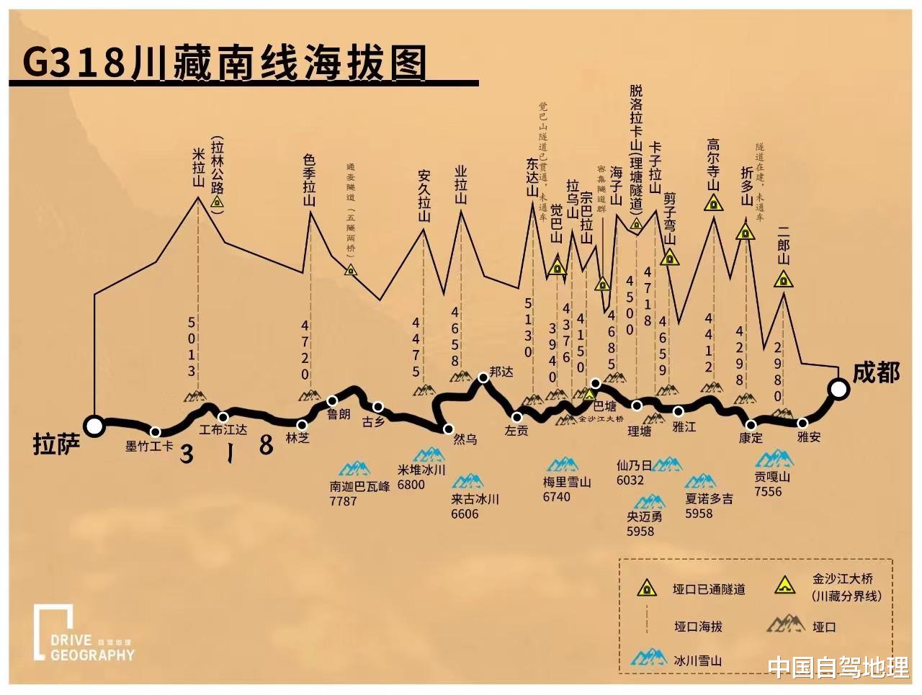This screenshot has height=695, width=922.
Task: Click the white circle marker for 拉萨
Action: pos(94,426)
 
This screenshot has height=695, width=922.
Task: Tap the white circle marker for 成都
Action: pos(838,389)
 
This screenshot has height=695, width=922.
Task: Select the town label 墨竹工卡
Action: pos(149,447)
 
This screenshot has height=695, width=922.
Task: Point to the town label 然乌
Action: pos(465,439)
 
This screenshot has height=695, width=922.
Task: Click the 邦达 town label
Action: pos(501,372)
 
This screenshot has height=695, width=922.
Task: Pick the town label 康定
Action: pos(751,437)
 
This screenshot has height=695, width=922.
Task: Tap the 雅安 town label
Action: pos(809,436)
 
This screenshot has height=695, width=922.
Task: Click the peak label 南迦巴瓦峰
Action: pos(360,486)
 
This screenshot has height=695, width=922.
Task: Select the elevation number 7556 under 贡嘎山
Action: pos(768,492)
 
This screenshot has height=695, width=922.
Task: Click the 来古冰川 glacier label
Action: pos(475,499)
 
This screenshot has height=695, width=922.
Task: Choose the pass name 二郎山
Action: pos(784,245)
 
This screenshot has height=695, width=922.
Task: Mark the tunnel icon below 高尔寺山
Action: pos(713,202)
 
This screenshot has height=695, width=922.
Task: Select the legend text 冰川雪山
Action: pos(697,660)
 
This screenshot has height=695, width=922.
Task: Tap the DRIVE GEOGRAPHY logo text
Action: pos(92,647)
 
